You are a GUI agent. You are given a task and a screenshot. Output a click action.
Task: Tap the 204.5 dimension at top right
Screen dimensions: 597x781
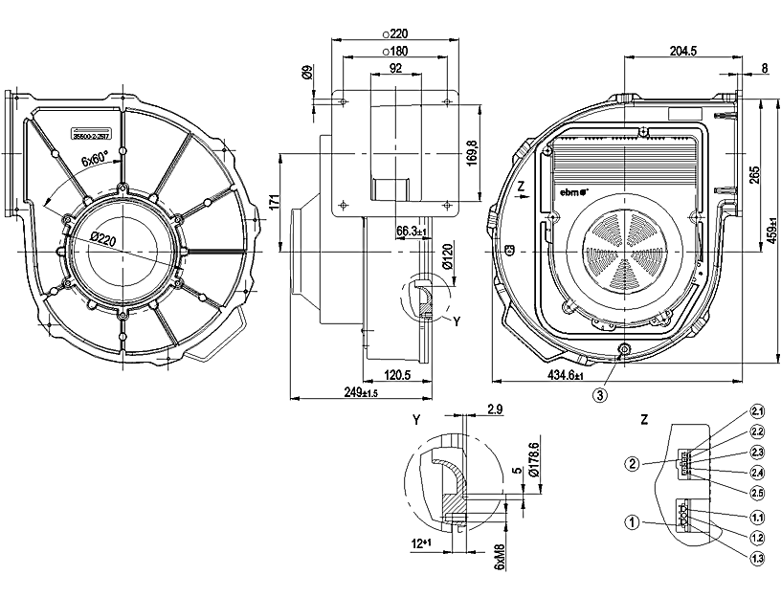click(682, 51)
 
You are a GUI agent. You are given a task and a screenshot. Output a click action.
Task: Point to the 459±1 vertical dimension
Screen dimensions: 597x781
click(771, 230)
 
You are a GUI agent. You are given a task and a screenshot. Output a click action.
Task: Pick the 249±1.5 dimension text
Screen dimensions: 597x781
click(360, 392)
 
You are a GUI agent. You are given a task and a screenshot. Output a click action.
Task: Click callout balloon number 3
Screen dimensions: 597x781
click(600, 393)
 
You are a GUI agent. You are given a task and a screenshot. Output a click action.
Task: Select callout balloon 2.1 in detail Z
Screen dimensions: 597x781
click(757, 411)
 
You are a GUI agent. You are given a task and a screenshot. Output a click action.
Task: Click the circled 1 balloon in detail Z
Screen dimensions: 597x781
click(632, 522)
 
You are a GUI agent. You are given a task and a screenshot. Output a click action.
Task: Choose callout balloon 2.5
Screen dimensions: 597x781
click(757, 493)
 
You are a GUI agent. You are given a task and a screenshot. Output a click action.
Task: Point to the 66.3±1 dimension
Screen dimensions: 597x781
click(411, 231)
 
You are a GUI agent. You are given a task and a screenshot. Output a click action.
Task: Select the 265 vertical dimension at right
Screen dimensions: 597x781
click(754, 173)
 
